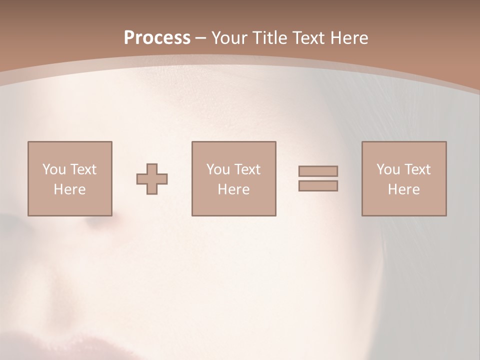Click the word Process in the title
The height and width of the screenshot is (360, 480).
pyautogui.click(x=157, y=38)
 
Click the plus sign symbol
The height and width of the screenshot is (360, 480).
pyautogui.click(x=152, y=179)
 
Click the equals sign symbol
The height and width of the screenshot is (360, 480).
pyautogui.click(x=318, y=178)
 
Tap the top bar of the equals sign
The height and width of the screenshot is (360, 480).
pyautogui.click(x=318, y=171)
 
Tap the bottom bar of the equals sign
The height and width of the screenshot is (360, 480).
pyautogui.click(x=318, y=185)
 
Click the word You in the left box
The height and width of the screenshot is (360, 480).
pyautogui.click(x=54, y=169)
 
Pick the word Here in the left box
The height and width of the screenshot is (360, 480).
pyautogui.click(x=69, y=189)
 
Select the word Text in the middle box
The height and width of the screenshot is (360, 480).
pyautogui.click(x=247, y=169)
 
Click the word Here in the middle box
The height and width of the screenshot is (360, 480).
pyautogui.click(x=233, y=189)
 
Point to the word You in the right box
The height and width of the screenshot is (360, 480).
pyautogui.click(x=388, y=169)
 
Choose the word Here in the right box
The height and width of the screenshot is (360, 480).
pyautogui.click(x=403, y=189)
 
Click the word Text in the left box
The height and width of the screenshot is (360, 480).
pyautogui.click(x=83, y=169)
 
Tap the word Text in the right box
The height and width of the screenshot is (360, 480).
pyautogui.click(x=417, y=169)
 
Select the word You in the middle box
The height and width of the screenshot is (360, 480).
pyautogui.click(x=218, y=169)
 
